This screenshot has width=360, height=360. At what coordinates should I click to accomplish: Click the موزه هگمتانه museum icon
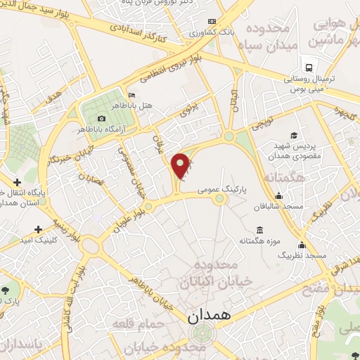260,231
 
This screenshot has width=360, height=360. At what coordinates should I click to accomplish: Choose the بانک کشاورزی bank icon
193,32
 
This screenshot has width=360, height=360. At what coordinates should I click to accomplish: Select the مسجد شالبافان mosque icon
279,196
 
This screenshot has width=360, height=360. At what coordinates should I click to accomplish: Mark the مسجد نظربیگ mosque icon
302,245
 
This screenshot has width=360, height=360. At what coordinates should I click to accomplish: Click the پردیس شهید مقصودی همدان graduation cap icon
293,135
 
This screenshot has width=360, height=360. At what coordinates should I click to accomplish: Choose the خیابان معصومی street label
132,172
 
